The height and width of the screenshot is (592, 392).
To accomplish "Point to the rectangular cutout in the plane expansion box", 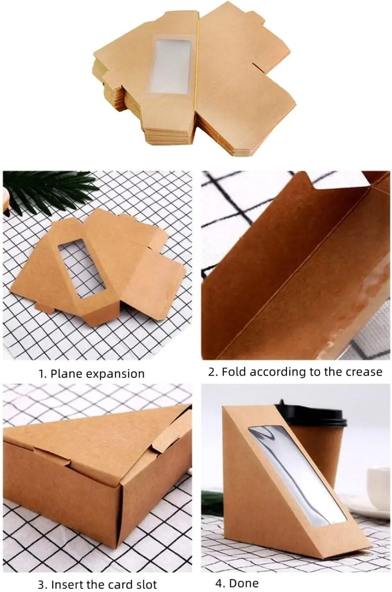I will [81, 268].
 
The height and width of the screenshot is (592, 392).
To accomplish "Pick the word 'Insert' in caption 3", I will [67, 584].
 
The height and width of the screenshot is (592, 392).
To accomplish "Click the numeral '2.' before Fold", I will [213, 372].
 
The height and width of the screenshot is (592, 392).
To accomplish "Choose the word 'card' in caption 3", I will [121, 584].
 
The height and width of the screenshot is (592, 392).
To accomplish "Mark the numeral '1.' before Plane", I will [42, 374].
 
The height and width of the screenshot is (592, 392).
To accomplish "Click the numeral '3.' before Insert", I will [43, 584].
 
